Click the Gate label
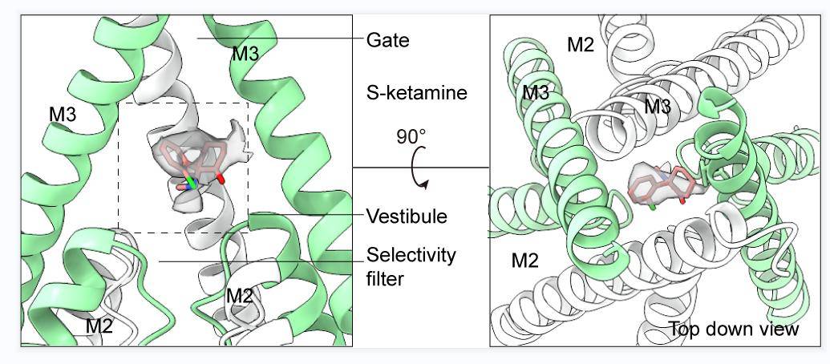tap(387, 39)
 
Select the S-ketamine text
tap(415, 93)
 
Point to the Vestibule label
tap(407, 216)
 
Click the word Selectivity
tap(411, 256)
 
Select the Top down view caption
tap(734, 329)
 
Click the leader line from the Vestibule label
tap(313, 214)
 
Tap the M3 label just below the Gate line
tap(245, 55)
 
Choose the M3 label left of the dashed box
tap(63, 114)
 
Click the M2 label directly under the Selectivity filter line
tap(240, 296)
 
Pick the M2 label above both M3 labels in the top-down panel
tap(581, 45)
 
